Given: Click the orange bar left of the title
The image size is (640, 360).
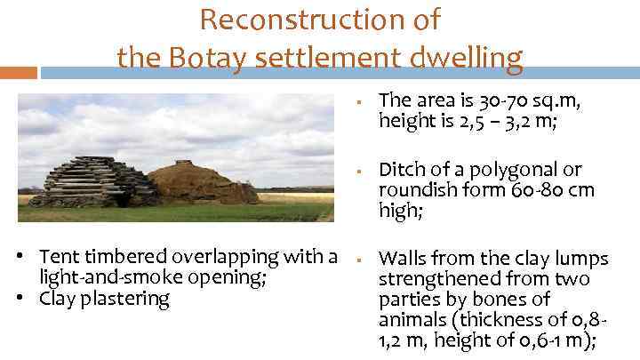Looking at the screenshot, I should coord(18,71).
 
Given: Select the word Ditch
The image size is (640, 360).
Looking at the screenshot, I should coord(400,170).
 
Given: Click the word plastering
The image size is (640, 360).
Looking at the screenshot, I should coord(124,299).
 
